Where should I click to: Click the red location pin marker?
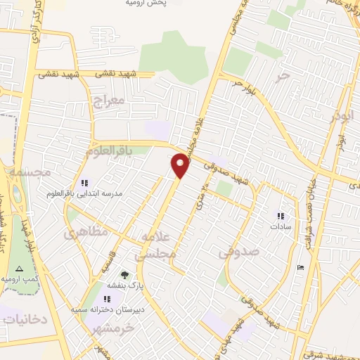click(181, 165)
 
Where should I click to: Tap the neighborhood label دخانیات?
click(24, 319)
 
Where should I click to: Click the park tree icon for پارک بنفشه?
click(124, 274)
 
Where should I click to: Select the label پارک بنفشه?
click(120, 286)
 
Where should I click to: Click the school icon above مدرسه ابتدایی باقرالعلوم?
click(85, 183)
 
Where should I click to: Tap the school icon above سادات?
click(281, 217)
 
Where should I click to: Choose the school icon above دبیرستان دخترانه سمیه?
click(108, 299)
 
